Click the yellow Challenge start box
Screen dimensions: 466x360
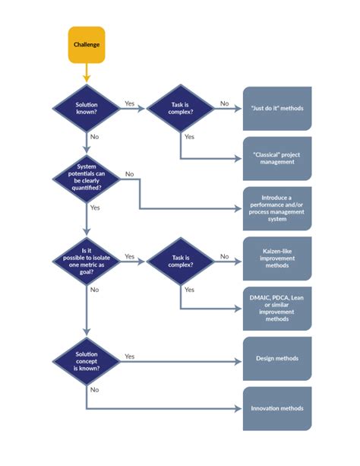pos(86,44)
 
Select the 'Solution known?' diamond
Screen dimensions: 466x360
pos(86,108)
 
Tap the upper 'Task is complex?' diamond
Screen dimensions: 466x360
pos(180,108)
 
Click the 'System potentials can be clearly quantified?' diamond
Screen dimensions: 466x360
pos(86,176)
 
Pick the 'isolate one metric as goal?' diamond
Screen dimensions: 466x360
pos(86,260)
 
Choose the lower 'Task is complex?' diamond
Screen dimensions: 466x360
pos(180,260)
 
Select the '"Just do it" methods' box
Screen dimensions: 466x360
pos(276,108)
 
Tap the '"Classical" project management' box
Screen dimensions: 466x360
pos(276,157)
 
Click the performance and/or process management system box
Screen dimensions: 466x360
pos(276,208)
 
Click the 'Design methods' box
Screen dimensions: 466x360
pos(276,359)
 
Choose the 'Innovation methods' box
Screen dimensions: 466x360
pos(276,408)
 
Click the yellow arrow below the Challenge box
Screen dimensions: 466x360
pos(86,73)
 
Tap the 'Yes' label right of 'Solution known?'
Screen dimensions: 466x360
pos(129,103)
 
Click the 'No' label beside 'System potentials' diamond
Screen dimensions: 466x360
pos(129,174)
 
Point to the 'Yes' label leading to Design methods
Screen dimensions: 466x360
pos(129,356)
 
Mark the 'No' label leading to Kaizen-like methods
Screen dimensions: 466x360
pos(224,256)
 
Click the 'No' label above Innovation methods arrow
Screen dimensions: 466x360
pos(94,389)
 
